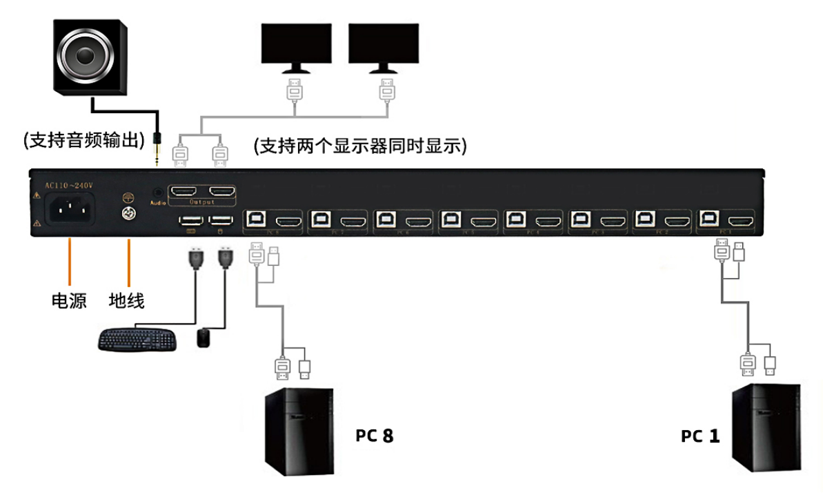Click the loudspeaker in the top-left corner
point(92,56)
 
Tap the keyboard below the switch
point(137,339)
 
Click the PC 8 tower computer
point(299,431)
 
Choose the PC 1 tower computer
point(766,428)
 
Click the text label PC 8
point(375,436)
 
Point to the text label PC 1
point(700,436)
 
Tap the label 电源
point(70,301)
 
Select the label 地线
point(127,301)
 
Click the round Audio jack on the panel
point(157,193)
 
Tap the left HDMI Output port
point(183,191)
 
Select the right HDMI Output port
point(222,191)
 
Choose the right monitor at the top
point(384,47)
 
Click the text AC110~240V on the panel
point(69,185)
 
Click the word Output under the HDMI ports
point(202,202)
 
